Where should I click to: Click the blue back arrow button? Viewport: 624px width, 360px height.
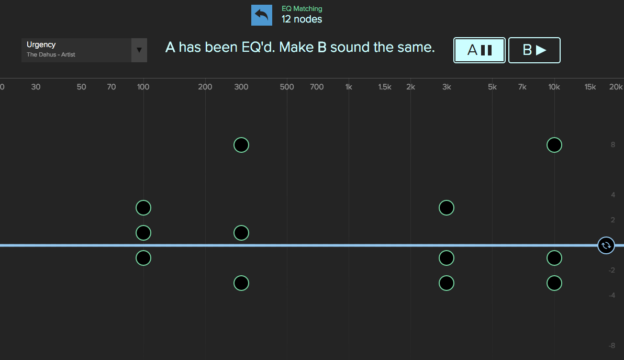(x=261, y=15)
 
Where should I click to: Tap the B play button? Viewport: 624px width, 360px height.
(x=534, y=50)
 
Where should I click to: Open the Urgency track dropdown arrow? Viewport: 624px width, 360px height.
(x=139, y=50)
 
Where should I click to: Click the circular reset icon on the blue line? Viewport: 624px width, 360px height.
(x=606, y=245)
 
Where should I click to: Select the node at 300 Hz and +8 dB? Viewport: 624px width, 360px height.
(x=241, y=145)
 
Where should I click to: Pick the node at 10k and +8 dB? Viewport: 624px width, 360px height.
(x=554, y=145)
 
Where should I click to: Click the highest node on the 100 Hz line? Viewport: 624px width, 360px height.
(x=143, y=208)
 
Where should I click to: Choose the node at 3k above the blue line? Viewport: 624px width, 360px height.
(x=446, y=208)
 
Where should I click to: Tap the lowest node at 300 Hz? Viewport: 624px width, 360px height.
(x=241, y=283)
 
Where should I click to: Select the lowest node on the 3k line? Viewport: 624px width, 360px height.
(x=446, y=283)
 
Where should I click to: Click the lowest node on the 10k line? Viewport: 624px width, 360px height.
(x=554, y=283)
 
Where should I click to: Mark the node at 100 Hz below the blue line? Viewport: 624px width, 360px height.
(x=143, y=258)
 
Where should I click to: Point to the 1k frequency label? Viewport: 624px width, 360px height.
(x=349, y=87)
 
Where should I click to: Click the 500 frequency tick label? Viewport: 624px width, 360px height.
(x=286, y=87)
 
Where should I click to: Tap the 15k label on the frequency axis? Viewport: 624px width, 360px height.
(x=590, y=87)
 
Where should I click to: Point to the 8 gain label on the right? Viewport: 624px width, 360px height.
(x=613, y=145)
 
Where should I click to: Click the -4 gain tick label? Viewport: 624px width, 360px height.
(x=611, y=295)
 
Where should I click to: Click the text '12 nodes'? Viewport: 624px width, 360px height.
(x=302, y=19)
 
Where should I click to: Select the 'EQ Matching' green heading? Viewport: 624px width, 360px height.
(x=302, y=9)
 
